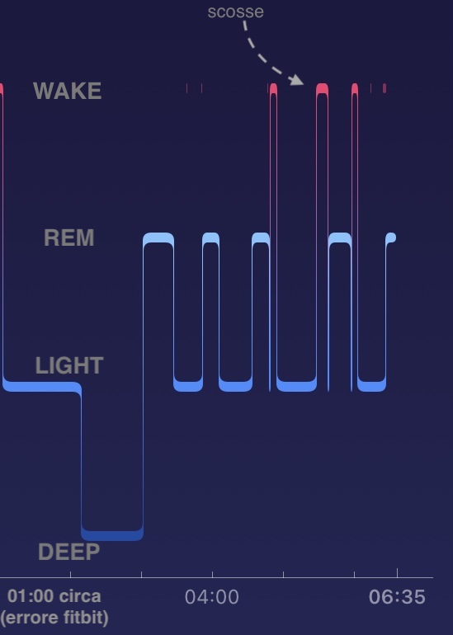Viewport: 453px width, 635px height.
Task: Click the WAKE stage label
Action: (68, 91)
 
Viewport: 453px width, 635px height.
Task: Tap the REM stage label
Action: (68, 238)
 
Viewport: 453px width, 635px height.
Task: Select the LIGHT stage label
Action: (69, 365)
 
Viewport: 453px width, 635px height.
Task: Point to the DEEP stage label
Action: (68, 552)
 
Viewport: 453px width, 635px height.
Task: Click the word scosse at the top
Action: (235, 12)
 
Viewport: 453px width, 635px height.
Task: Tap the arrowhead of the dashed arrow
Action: (297, 80)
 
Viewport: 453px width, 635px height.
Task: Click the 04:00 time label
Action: (211, 597)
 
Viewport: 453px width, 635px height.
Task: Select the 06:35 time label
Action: (397, 597)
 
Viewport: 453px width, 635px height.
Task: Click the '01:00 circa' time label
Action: (54, 596)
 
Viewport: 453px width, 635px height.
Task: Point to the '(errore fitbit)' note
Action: (54, 618)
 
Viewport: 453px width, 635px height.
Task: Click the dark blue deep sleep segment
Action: (112, 535)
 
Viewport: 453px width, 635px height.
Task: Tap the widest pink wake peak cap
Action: (322, 89)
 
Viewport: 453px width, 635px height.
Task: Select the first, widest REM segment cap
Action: (158, 238)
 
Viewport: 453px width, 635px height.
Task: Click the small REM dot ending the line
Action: (391, 238)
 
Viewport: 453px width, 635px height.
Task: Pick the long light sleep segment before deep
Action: (41, 386)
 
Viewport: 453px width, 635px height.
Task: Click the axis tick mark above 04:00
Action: (212, 574)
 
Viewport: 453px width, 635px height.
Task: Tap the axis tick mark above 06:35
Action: (397, 572)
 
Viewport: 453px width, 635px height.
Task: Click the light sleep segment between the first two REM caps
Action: (188, 386)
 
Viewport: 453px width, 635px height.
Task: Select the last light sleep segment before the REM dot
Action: (371, 386)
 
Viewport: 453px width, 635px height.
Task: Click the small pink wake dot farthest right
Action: (385, 88)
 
